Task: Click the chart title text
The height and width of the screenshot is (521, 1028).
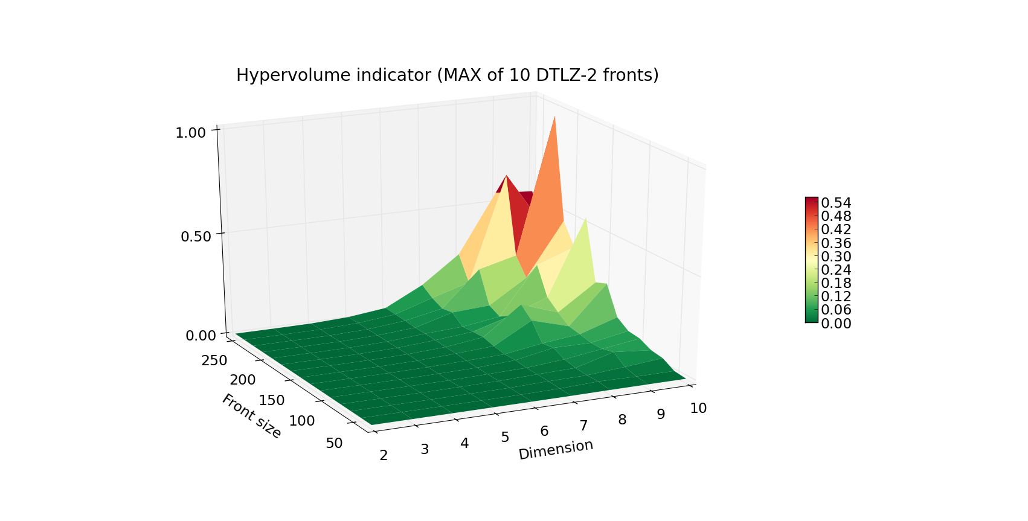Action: [x=447, y=75]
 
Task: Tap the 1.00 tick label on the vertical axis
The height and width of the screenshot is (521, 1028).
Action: [x=190, y=132]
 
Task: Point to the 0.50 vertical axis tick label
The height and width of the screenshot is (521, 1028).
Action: [x=196, y=236]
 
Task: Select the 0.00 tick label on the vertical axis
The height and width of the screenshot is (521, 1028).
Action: [x=201, y=336]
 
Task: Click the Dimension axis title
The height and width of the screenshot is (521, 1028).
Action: [x=556, y=449]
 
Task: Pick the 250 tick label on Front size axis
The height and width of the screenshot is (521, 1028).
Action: [x=214, y=360]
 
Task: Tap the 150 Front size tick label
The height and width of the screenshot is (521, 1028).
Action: [x=272, y=400]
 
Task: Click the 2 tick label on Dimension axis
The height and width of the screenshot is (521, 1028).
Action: [x=384, y=455]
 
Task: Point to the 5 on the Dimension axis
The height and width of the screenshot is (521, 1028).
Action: [x=505, y=437]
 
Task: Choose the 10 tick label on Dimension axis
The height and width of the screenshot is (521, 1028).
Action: [x=698, y=409]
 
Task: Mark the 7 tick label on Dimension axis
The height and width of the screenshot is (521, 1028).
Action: [x=583, y=426]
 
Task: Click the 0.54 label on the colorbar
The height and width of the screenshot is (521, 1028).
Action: [x=836, y=203]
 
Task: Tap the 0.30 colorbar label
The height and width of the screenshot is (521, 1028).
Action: [x=836, y=256]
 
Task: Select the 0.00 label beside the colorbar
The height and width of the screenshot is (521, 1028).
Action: [x=836, y=324]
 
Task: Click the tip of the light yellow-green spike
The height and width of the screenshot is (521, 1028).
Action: [x=585, y=219]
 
